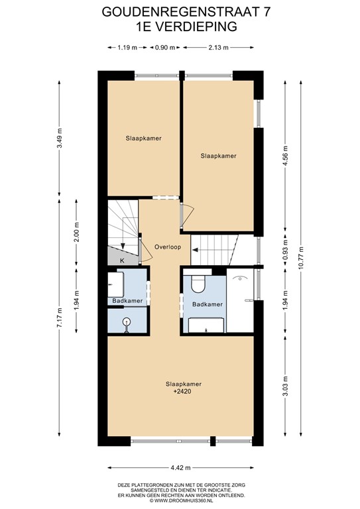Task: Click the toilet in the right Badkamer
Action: coord(198,284)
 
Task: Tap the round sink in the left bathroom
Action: coord(126,321)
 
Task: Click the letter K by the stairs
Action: coord(122,260)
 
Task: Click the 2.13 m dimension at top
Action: coord(217,48)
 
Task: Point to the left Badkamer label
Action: coord(127,302)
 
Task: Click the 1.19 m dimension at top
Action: coord(127,48)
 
